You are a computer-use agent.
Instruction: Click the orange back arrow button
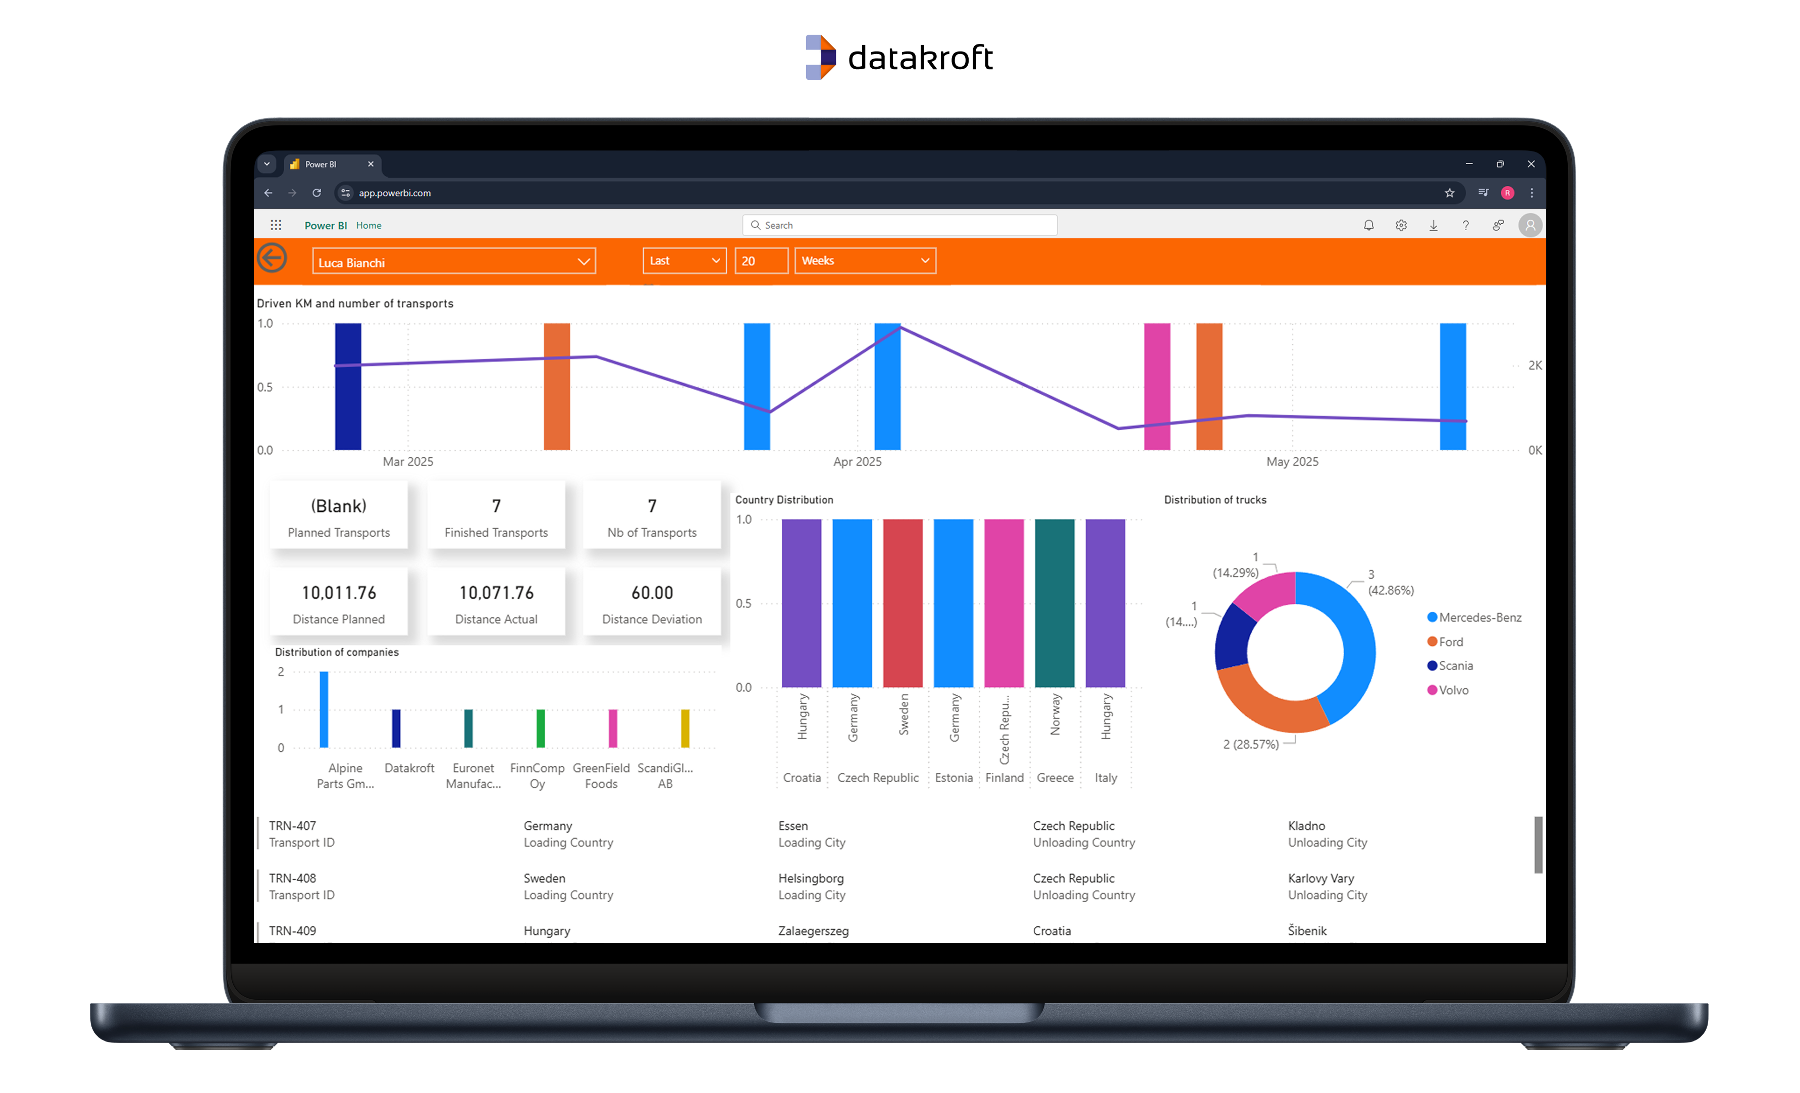point(272,258)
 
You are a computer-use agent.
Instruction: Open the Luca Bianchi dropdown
point(453,262)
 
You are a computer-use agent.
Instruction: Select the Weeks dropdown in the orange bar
point(864,261)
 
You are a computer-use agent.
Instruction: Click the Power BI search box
point(900,225)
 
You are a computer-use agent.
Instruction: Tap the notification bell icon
point(1368,225)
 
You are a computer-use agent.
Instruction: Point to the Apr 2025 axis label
point(857,462)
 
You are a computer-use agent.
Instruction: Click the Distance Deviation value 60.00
point(652,593)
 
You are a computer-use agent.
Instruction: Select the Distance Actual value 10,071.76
point(496,593)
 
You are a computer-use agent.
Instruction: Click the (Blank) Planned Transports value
point(338,505)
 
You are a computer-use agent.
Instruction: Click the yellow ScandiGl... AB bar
point(684,728)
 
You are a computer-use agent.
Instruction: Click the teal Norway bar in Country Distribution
point(1054,603)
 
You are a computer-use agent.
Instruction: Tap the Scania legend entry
point(1454,665)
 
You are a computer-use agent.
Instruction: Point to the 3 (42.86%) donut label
point(1390,582)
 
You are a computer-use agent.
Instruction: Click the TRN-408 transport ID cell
point(292,878)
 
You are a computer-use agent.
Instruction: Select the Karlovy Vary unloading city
point(1320,878)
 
